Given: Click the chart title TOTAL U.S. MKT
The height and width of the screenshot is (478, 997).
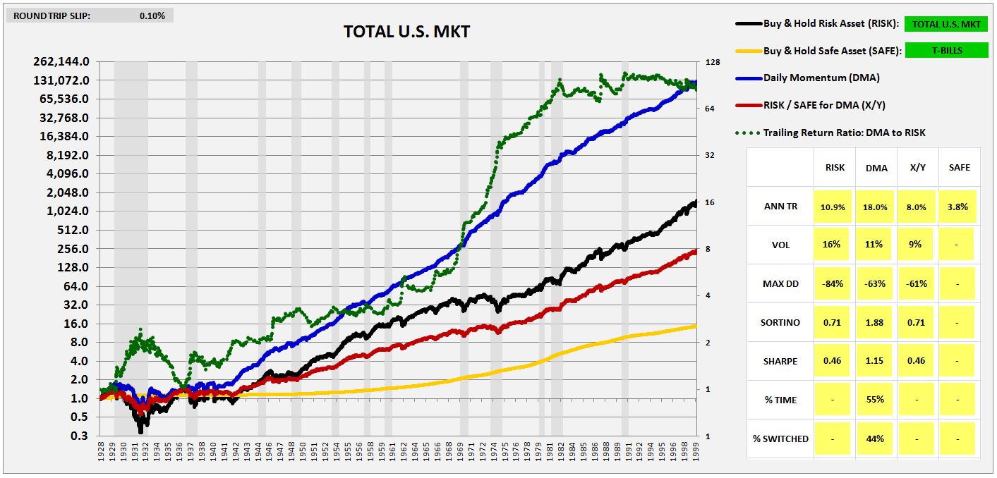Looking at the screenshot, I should (x=406, y=32).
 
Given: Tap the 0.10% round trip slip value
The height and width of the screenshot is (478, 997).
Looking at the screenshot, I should (x=152, y=16).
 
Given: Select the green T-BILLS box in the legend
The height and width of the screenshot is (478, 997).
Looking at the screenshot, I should (x=945, y=51).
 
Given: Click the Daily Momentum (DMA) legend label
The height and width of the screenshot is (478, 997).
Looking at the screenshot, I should (x=821, y=78).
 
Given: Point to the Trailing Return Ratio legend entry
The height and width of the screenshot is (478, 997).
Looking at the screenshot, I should (x=844, y=132).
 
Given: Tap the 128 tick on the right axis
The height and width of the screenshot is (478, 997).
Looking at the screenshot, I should (x=712, y=63).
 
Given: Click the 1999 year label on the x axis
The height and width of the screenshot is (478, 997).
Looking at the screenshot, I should (x=696, y=450).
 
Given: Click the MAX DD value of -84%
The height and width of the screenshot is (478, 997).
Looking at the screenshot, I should (x=832, y=283).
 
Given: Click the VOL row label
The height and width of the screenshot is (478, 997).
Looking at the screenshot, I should (x=780, y=245).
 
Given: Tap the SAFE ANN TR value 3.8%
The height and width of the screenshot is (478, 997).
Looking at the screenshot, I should (x=957, y=207).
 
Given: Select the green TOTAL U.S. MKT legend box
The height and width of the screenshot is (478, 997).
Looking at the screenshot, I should (x=945, y=24).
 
